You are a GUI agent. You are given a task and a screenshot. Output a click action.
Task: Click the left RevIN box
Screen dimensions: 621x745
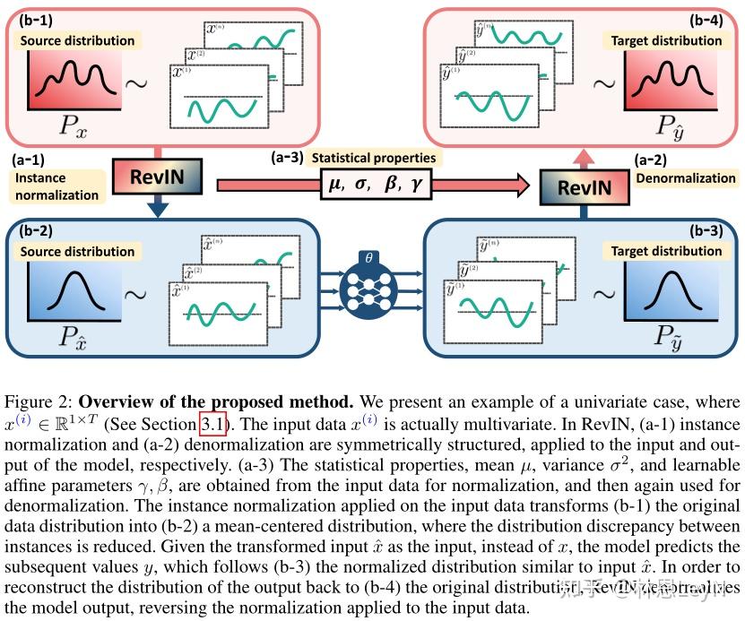pyautogui.click(x=157, y=177)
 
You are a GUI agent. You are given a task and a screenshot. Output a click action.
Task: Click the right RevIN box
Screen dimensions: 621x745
pyautogui.click(x=585, y=187)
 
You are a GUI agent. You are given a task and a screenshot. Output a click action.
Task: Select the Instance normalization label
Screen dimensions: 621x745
pyautogui.click(x=56, y=185)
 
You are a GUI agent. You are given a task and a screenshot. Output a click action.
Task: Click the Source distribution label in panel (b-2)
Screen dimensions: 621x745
pyautogui.click(x=77, y=251)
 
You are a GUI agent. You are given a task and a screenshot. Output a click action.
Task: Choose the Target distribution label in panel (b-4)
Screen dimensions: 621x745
pyautogui.click(x=666, y=40)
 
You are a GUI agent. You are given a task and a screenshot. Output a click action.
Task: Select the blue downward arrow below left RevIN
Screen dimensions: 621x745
pyautogui.click(x=158, y=208)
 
